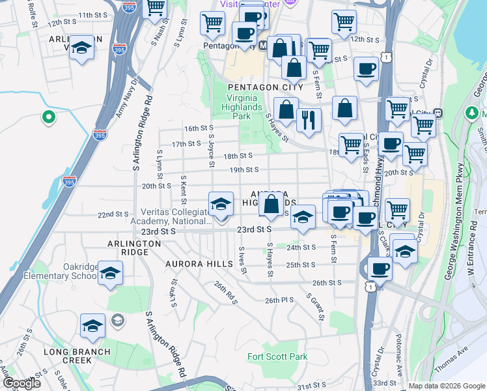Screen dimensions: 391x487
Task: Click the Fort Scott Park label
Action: tap(277, 356)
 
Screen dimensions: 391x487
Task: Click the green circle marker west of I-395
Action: tap(48, 117)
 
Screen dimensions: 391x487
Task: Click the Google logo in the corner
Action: tap(21, 383)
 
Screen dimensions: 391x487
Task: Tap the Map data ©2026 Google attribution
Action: tap(447, 386)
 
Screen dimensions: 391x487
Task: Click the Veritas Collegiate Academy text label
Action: tap(176, 217)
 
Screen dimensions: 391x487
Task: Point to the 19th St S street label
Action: tap(245, 170)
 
